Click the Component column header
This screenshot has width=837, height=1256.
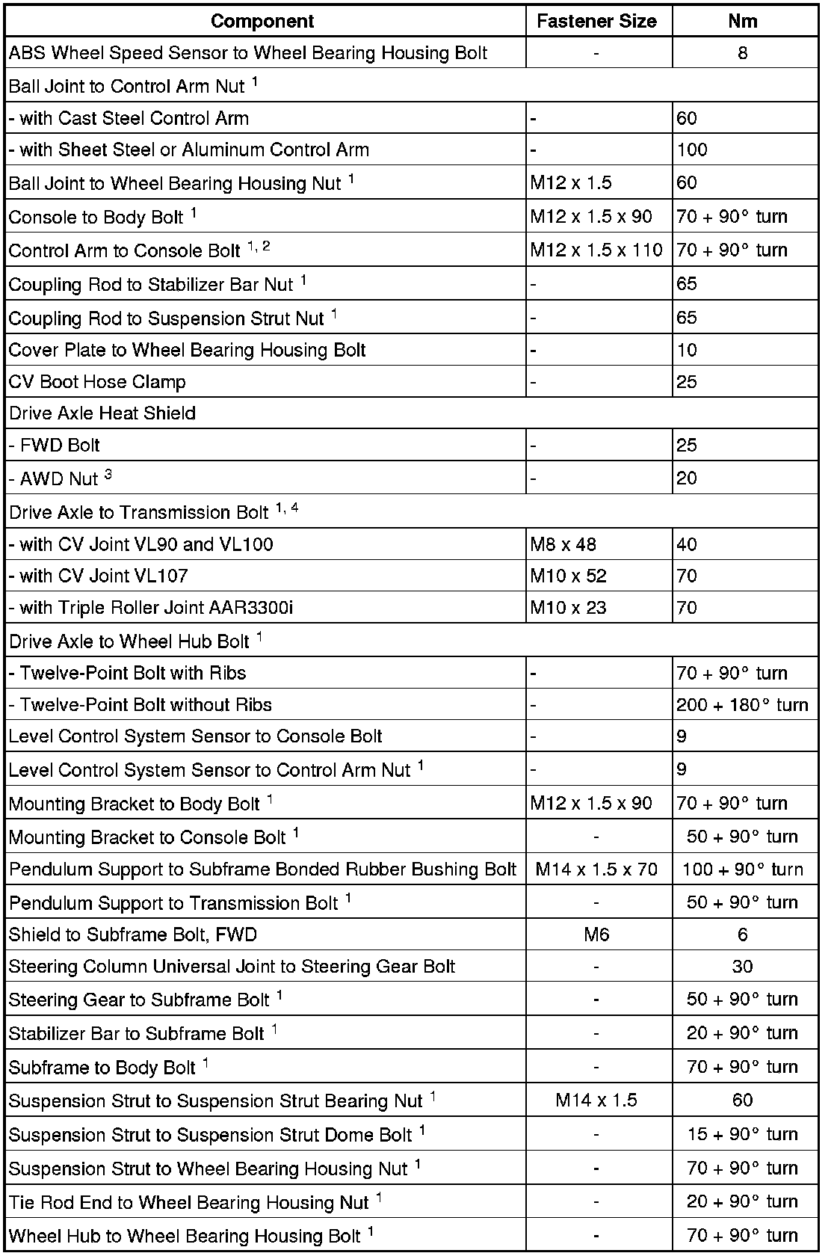coord(262,21)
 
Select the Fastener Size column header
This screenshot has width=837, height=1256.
coord(596,21)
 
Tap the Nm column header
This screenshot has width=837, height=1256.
coord(742,21)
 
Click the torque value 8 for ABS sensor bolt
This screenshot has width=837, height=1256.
coord(742,53)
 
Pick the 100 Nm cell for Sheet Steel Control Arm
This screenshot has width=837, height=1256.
coord(692,150)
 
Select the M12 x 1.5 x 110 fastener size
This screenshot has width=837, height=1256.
coord(596,250)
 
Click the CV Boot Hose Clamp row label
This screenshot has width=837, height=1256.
coord(97,382)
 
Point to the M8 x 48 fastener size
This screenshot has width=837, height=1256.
coord(563,544)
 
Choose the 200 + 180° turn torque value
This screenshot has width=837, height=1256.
coord(742,705)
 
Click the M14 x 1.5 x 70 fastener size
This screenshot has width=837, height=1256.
coord(596,869)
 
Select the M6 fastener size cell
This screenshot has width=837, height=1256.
coord(596,935)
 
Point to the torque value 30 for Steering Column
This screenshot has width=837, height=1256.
coord(742,967)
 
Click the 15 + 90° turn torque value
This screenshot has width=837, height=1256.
coord(742,1135)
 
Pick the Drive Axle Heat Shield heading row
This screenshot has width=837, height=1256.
coord(102,413)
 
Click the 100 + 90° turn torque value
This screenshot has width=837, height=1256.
coord(742,869)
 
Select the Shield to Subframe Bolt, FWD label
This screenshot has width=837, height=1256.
coord(133,935)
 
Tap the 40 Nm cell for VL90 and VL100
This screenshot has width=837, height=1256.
coord(687,544)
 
